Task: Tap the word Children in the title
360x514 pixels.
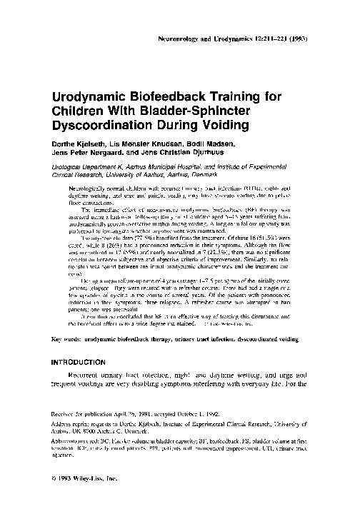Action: pyautogui.click(x=79, y=108)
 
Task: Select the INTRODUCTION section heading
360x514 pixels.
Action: pyautogui.click(x=79, y=362)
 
